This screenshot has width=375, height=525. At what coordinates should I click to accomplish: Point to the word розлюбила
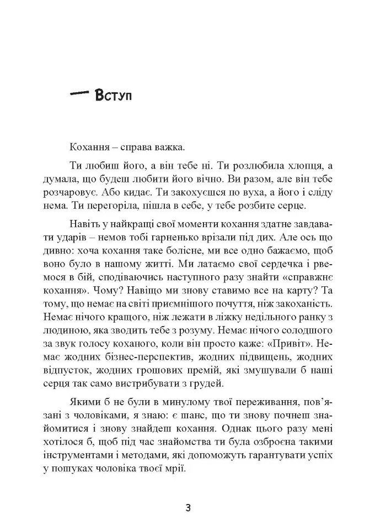click(243, 166)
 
